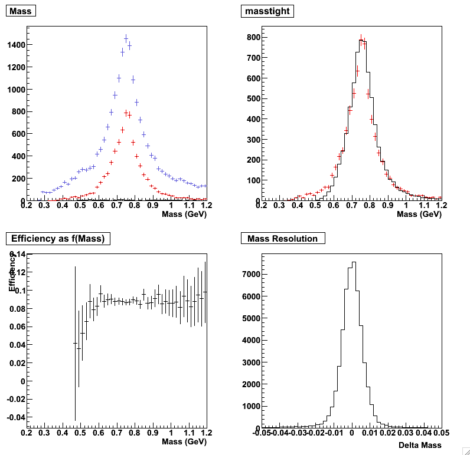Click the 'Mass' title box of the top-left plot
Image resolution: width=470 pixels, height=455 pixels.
[x=21, y=11]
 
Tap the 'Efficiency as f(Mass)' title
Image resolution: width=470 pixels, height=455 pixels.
[x=58, y=239]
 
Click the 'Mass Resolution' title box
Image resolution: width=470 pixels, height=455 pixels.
[x=283, y=239]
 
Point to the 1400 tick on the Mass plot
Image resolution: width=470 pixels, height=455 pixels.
[x=15, y=45]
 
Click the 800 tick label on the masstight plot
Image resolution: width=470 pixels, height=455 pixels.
[x=254, y=37]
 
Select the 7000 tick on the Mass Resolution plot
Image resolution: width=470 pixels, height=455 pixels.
[x=250, y=274]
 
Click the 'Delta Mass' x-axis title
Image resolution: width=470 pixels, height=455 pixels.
[x=420, y=445]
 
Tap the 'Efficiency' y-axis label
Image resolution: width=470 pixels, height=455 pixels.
[x=12, y=272]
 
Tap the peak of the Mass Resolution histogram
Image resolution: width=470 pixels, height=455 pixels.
[x=353, y=262]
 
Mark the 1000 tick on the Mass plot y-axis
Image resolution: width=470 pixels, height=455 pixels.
[x=15, y=89]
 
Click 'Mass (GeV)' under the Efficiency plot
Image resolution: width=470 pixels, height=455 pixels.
[x=184, y=441]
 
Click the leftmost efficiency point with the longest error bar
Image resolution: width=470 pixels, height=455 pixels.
[x=75, y=343]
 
